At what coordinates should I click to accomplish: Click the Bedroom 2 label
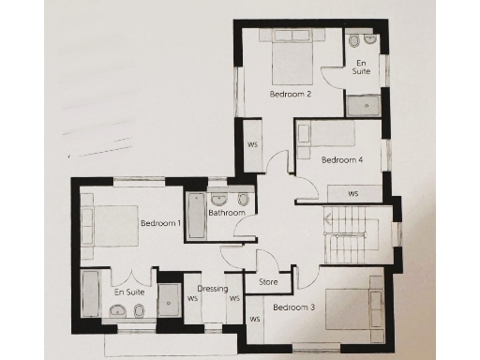291,94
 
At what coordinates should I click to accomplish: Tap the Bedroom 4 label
342,159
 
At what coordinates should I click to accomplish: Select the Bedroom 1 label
160,223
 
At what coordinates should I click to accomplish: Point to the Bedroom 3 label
294,307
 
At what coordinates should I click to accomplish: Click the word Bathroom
227,213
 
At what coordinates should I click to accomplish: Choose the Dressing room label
213,289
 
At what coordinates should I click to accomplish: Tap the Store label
267,281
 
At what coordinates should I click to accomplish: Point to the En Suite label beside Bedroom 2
361,65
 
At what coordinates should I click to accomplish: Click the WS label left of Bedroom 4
252,144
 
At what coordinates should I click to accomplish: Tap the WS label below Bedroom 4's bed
353,194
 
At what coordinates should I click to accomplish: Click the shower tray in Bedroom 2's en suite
361,104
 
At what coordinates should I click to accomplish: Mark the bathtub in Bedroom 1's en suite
91,297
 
